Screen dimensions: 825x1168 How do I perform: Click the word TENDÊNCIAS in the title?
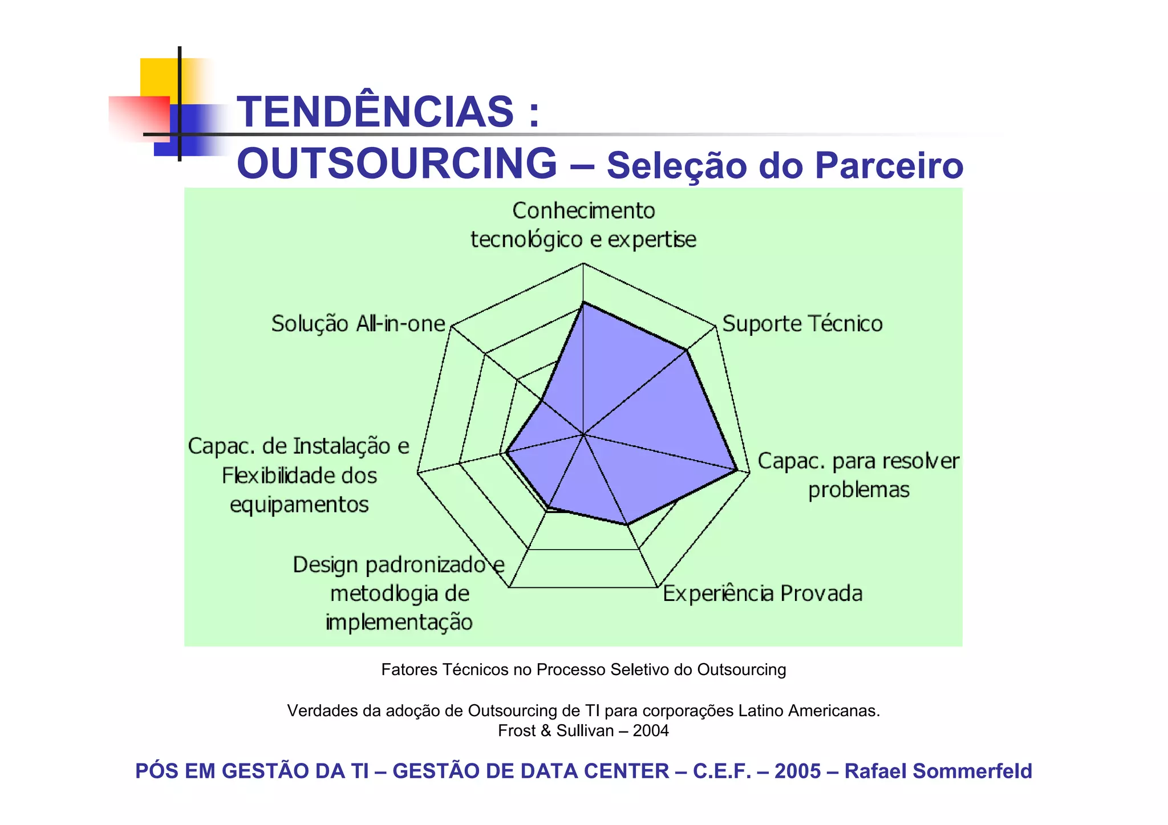coord(375,111)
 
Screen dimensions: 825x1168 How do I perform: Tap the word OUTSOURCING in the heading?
coord(397,164)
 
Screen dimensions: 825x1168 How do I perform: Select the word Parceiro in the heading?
coord(889,165)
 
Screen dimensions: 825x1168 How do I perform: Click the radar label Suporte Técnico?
coord(802,324)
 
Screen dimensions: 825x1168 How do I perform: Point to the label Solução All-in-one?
coord(358,324)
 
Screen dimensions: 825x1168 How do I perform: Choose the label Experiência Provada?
coord(762,594)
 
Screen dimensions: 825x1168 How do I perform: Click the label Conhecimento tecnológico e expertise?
coord(583,225)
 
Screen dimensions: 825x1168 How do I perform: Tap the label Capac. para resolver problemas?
coord(858,475)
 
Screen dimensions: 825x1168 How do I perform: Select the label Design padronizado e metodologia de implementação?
coord(399,593)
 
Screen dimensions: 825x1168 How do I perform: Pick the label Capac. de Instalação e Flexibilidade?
coord(299,475)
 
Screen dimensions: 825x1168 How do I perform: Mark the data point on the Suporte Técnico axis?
coord(687,351)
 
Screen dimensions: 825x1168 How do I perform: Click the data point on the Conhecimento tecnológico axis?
coord(583,303)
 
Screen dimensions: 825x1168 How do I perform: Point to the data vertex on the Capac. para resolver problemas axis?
coord(736,470)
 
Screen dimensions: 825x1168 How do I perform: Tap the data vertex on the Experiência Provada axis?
coord(627,524)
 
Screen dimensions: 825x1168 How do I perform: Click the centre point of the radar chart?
coord(583,434)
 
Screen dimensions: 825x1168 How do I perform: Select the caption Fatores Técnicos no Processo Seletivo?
coord(583,669)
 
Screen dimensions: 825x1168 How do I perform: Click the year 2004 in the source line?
coord(651,730)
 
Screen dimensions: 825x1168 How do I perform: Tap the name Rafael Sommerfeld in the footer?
coord(938,771)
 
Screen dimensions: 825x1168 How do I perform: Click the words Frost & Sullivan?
coord(555,730)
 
